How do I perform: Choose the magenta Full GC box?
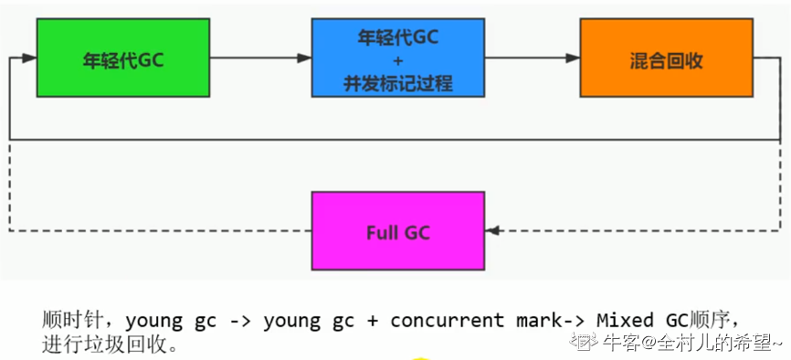[x=397, y=231]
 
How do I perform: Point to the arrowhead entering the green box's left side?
[x=29, y=58]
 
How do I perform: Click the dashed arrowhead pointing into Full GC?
[x=493, y=231]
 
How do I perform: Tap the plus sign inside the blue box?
[x=397, y=60]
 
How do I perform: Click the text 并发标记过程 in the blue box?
[x=397, y=83]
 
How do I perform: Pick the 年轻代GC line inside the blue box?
[x=397, y=37]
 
